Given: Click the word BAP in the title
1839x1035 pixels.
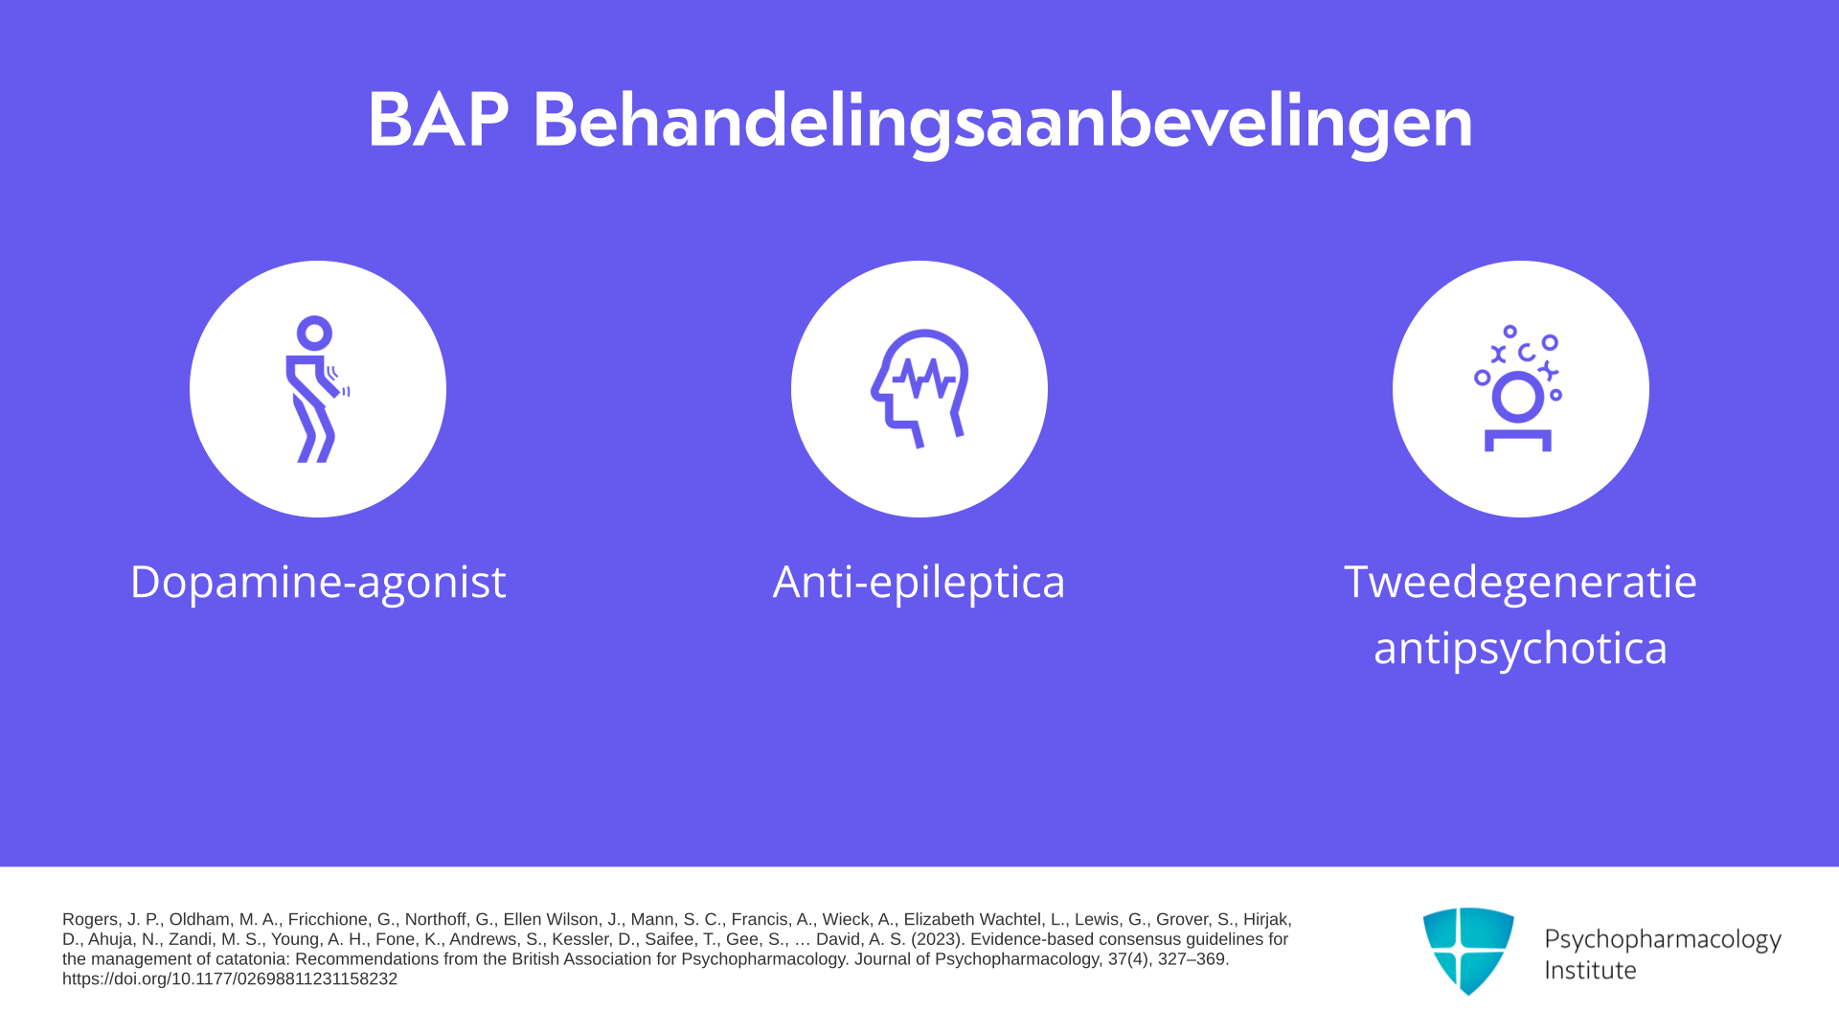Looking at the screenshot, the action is [x=438, y=121].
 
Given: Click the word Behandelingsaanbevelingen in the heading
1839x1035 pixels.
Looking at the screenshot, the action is [x=1003, y=124].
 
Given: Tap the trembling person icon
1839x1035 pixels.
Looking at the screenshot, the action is [x=317, y=389].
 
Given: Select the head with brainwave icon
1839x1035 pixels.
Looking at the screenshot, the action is [x=919, y=388].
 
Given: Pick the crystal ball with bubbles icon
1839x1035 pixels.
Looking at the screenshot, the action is [x=1518, y=388].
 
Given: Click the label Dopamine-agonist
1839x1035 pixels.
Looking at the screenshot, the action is [x=318, y=582].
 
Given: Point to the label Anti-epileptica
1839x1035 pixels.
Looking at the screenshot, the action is [x=919, y=582].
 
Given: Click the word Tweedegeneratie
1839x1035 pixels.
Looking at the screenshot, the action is [x=1520, y=582].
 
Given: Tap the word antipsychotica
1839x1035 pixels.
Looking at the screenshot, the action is [x=1520, y=648].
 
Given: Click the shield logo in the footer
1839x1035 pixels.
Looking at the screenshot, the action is [x=1468, y=951].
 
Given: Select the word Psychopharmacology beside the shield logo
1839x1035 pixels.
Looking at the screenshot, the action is [x=1663, y=940].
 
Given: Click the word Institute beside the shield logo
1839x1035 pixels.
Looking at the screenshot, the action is [x=1591, y=970].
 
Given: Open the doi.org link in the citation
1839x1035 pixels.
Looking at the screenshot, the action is [x=230, y=978].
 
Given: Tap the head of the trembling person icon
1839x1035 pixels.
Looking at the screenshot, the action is [x=314, y=333].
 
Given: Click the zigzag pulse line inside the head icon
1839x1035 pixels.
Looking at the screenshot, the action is [x=923, y=378].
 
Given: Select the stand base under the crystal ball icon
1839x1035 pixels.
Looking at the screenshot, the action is [x=1518, y=441].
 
